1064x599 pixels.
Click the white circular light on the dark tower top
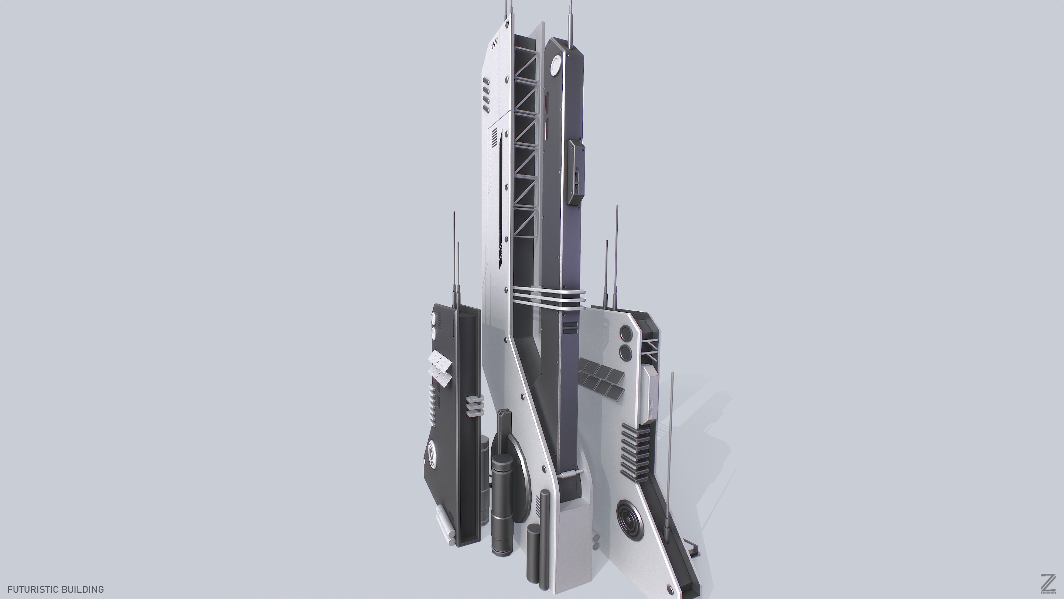[x=556, y=65]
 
